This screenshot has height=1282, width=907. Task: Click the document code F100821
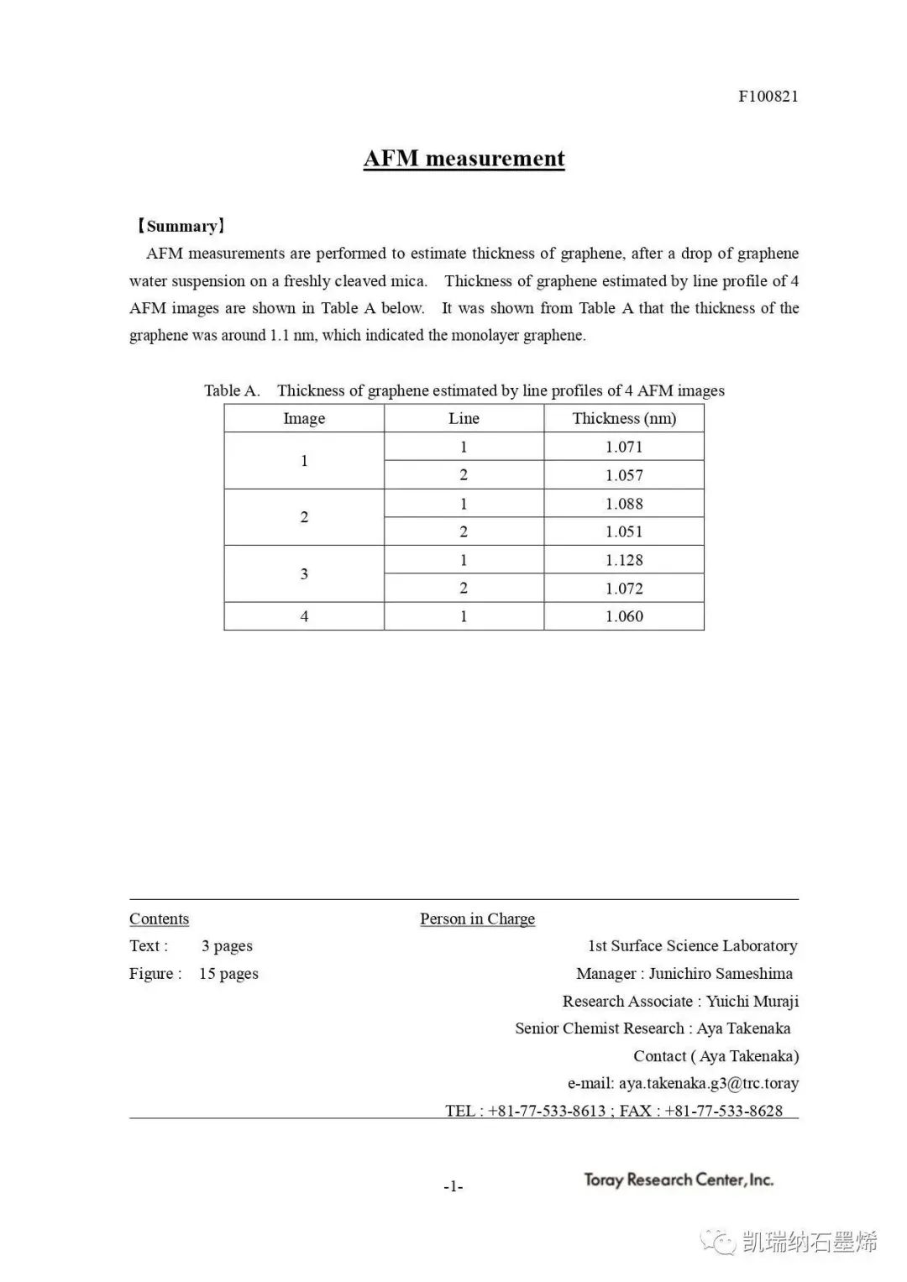click(768, 96)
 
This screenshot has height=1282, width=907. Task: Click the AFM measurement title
click(464, 159)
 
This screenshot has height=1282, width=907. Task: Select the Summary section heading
click(180, 226)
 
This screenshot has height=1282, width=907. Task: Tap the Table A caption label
click(232, 390)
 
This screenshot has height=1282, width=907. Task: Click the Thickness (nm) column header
click(624, 418)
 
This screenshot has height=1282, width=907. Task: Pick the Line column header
click(464, 418)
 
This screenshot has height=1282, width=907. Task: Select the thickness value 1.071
click(624, 447)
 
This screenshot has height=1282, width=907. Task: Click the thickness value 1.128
click(624, 560)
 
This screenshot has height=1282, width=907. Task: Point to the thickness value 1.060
click(624, 616)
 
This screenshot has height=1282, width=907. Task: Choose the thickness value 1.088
click(624, 504)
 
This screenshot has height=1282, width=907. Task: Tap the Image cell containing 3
click(304, 574)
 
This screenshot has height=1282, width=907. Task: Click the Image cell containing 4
click(304, 616)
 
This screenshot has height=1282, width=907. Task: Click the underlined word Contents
click(159, 918)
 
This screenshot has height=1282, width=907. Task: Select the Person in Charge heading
click(477, 918)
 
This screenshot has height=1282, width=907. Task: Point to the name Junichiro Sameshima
click(721, 974)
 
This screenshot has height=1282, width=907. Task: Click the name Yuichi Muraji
click(752, 1002)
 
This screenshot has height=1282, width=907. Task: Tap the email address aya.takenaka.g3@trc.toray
click(708, 1083)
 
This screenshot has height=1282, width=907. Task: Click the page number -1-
click(453, 1186)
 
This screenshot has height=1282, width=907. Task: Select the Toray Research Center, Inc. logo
click(679, 1180)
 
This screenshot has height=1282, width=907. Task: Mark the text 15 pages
click(228, 974)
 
